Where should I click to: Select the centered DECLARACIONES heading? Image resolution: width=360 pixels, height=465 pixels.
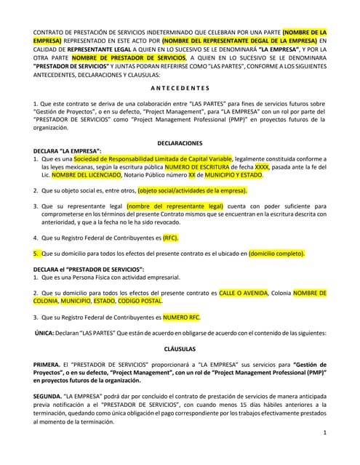click(x=180, y=142)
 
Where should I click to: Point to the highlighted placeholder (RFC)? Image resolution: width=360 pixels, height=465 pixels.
click(x=170, y=238)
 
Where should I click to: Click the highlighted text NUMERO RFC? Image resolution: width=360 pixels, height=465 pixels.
click(x=181, y=317)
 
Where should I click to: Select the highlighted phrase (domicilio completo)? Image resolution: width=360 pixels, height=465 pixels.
click(x=276, y=254)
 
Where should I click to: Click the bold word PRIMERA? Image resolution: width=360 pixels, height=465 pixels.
click(x=47, y=364)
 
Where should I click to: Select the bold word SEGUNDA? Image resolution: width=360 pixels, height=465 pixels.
click(x=48, y=396)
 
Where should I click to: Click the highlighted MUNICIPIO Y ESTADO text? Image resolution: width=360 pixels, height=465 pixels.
click(x=231, y=174)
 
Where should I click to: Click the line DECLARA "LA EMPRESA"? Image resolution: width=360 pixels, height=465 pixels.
click(x=67, y=150)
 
